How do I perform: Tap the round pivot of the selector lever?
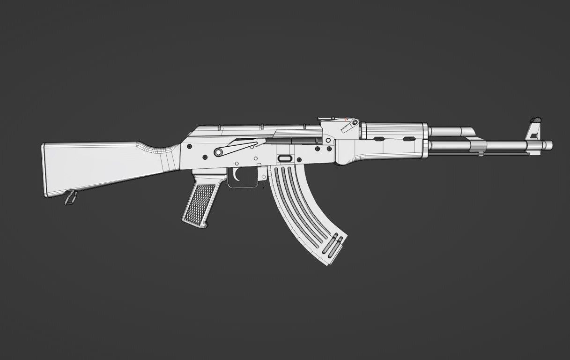218,151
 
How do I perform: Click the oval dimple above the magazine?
285,158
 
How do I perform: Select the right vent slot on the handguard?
409,138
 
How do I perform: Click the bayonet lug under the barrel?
481,153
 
